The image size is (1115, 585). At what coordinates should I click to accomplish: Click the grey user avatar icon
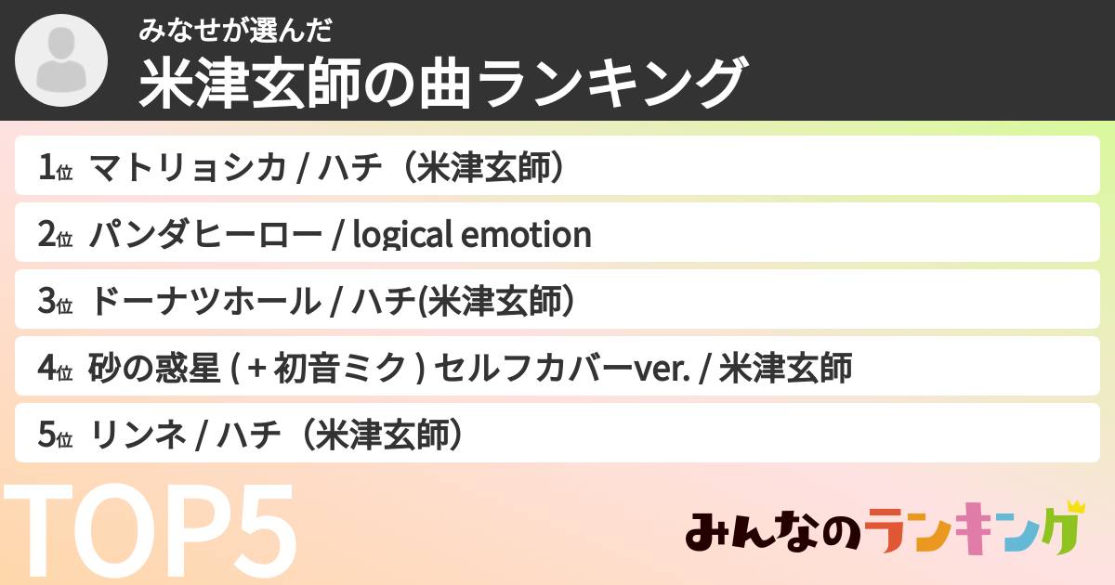(62, 62)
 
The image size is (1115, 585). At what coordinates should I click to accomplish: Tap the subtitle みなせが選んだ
(235, 32)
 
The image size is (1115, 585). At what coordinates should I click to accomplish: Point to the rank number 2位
(55, 235)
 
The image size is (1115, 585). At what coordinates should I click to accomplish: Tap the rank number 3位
(55, 302)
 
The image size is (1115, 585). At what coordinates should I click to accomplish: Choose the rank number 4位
(55, 369)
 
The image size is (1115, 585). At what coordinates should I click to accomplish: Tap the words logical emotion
(472, 235)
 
